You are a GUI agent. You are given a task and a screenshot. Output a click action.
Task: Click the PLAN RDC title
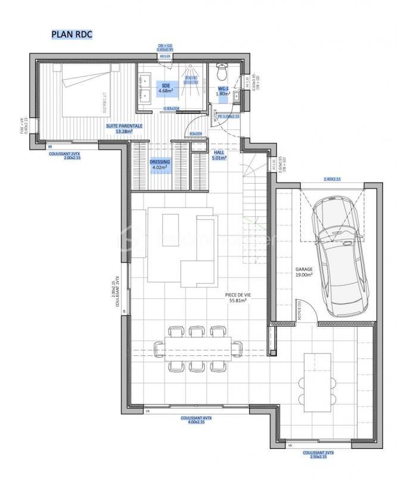[x=72, y=35]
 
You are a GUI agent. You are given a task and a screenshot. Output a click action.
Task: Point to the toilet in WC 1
[x=222, y=73]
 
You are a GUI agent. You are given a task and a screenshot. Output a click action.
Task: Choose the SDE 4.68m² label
[x=166, y=88]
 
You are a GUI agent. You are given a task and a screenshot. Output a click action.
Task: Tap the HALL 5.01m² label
[x=219, y=155]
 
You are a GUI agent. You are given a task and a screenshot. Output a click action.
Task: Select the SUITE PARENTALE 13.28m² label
[x=125, y=129]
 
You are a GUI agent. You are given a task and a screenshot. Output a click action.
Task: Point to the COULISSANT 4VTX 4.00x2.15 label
[x=197, y=421]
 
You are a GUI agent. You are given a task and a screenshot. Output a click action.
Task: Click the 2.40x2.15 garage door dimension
[x=332, y=179]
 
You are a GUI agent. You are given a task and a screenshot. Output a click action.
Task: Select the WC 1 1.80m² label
[x=223, y=91]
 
